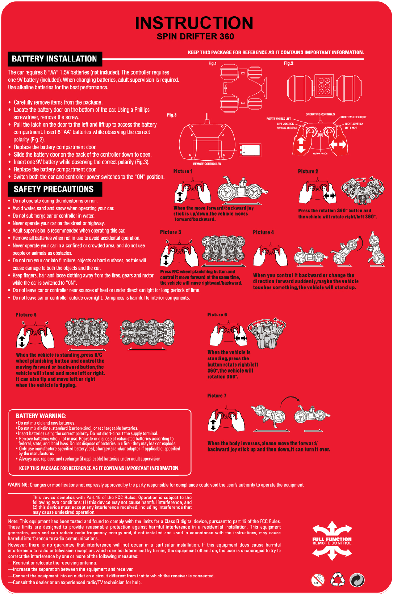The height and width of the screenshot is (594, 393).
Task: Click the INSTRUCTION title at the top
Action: click(x=194, y=23)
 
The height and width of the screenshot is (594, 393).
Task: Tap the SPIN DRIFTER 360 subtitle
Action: click(x=195, y=37)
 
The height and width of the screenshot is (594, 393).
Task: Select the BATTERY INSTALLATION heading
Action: click(x=54, y=59)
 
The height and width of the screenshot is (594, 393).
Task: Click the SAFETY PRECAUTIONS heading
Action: click(x=54, y=189)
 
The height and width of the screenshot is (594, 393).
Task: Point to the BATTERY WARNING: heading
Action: click(x=41, y=416)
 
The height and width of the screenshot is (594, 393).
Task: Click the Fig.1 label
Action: click(x=213, y=63)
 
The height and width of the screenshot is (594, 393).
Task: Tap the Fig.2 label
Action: click(x=288, y=63)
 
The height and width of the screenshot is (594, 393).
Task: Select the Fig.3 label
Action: click(x=172, y=115)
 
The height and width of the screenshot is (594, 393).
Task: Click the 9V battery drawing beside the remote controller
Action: click(x=250, y=150)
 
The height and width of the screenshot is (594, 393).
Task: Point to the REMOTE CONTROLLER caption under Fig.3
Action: click(x=207, y=164)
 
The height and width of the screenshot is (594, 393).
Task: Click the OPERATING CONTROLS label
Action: click(x=320, y=114)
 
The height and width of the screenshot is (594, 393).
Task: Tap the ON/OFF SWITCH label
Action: click(x=320, y=153)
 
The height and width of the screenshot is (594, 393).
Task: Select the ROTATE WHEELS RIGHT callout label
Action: click(x=353, y=117)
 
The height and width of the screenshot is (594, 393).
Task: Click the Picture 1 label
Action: click(x=183, y=171)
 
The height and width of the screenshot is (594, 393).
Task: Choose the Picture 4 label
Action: click(x=263, y=232)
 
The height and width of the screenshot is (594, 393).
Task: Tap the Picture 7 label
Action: click(x=217, y=396)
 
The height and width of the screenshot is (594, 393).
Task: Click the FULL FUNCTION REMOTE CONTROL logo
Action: click(x=332, y=541)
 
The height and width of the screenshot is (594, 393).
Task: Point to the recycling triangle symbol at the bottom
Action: click(x=338, y=579)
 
